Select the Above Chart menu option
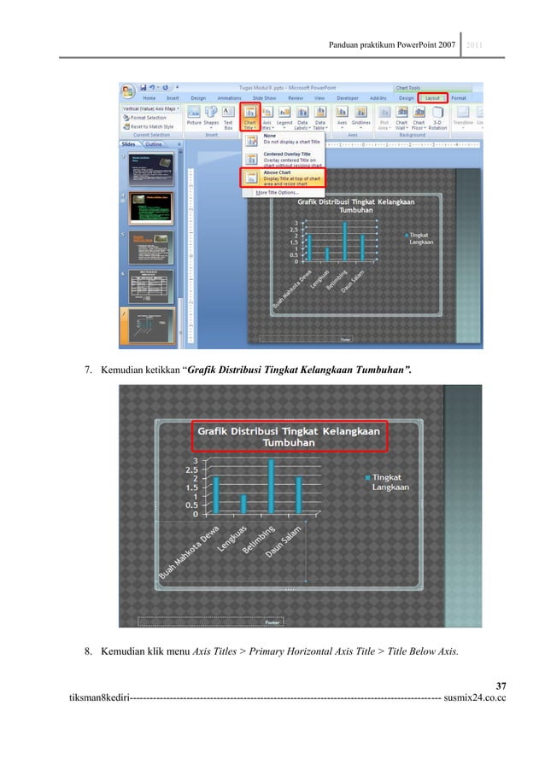(282, 177)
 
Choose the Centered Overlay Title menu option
(282, 157)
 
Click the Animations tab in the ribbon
(229, 98)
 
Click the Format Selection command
(149, 118)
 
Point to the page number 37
(501, 685)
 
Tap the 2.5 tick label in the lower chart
(191, 470)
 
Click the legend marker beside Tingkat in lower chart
(367, 478)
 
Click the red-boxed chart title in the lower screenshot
(289, 437)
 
